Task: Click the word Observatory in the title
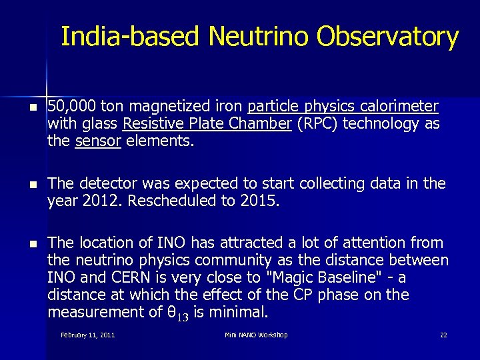[387, 37]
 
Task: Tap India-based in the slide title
[129, 37]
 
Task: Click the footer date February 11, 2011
[87, 335]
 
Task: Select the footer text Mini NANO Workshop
[256, 335]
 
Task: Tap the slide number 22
[443, 335]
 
